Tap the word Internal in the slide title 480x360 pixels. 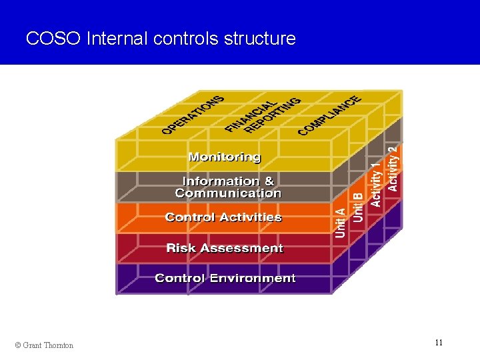click(x=117, y=39)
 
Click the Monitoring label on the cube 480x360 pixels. click(x=225, y=157)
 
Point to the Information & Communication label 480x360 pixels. click(x=228, y=187)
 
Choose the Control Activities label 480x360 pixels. click(x=223, y=217)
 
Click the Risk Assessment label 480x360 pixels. click(x=225, y=248)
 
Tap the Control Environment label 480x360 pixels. click(x=225, y=278)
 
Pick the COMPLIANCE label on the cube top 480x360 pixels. click(x=330, y=113)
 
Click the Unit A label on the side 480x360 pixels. click(x=341, y=222)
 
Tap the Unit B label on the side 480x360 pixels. click(x=358, y=207)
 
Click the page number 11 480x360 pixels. click(x=439, y=343)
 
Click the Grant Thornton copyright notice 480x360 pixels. click(x=44, y=345)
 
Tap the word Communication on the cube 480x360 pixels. click(x=228, y=194)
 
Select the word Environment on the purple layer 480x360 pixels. click(x=255, y=278)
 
